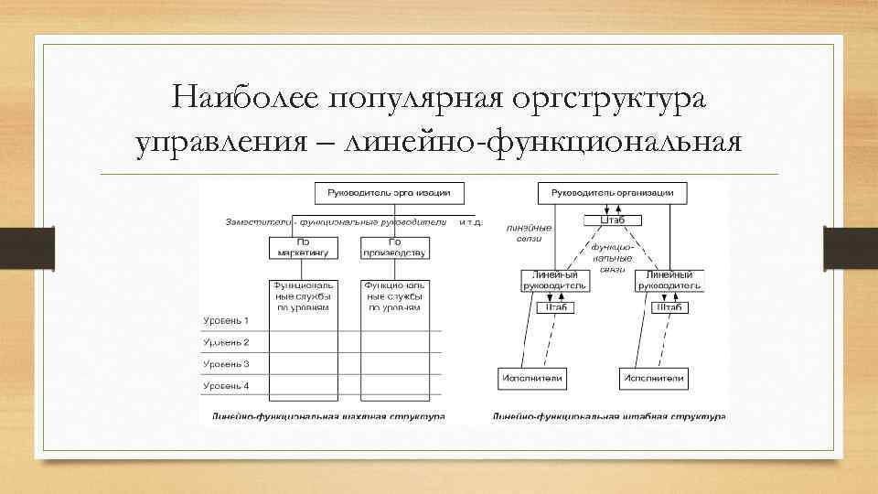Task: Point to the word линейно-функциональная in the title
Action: pos(541,145)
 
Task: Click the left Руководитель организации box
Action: pos(389,193)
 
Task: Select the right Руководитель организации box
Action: pos(612,193)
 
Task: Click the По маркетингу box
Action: pos(304,247)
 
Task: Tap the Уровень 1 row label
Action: pos(226,320)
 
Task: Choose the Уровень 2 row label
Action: pos(226,342)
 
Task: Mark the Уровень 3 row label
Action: pos(226,364)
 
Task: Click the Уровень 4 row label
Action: pos(226,385)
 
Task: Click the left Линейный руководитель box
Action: pos(555,280)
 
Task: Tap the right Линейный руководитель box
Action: pos(669,280)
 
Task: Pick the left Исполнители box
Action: pos(532,377)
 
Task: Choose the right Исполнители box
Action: pos(654,377)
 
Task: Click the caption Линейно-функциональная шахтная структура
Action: pos(328,416)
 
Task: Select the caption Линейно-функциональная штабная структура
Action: pos(608,416)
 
